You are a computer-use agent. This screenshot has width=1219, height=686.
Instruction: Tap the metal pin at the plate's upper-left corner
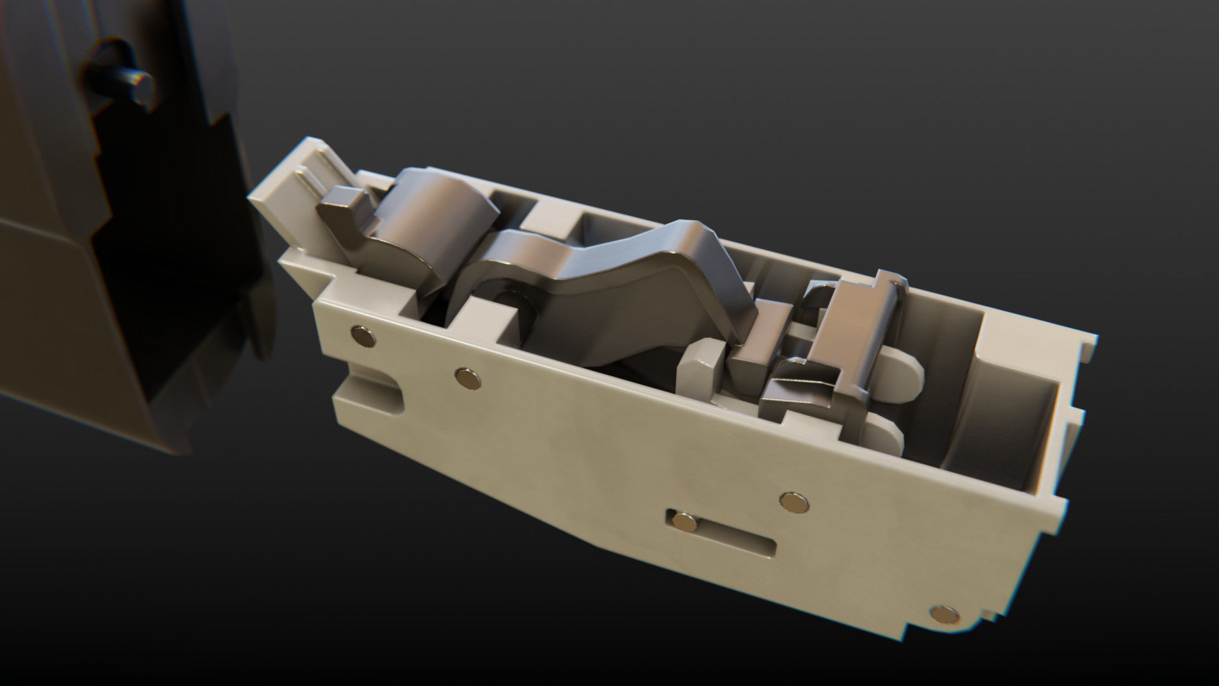point(363,336)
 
